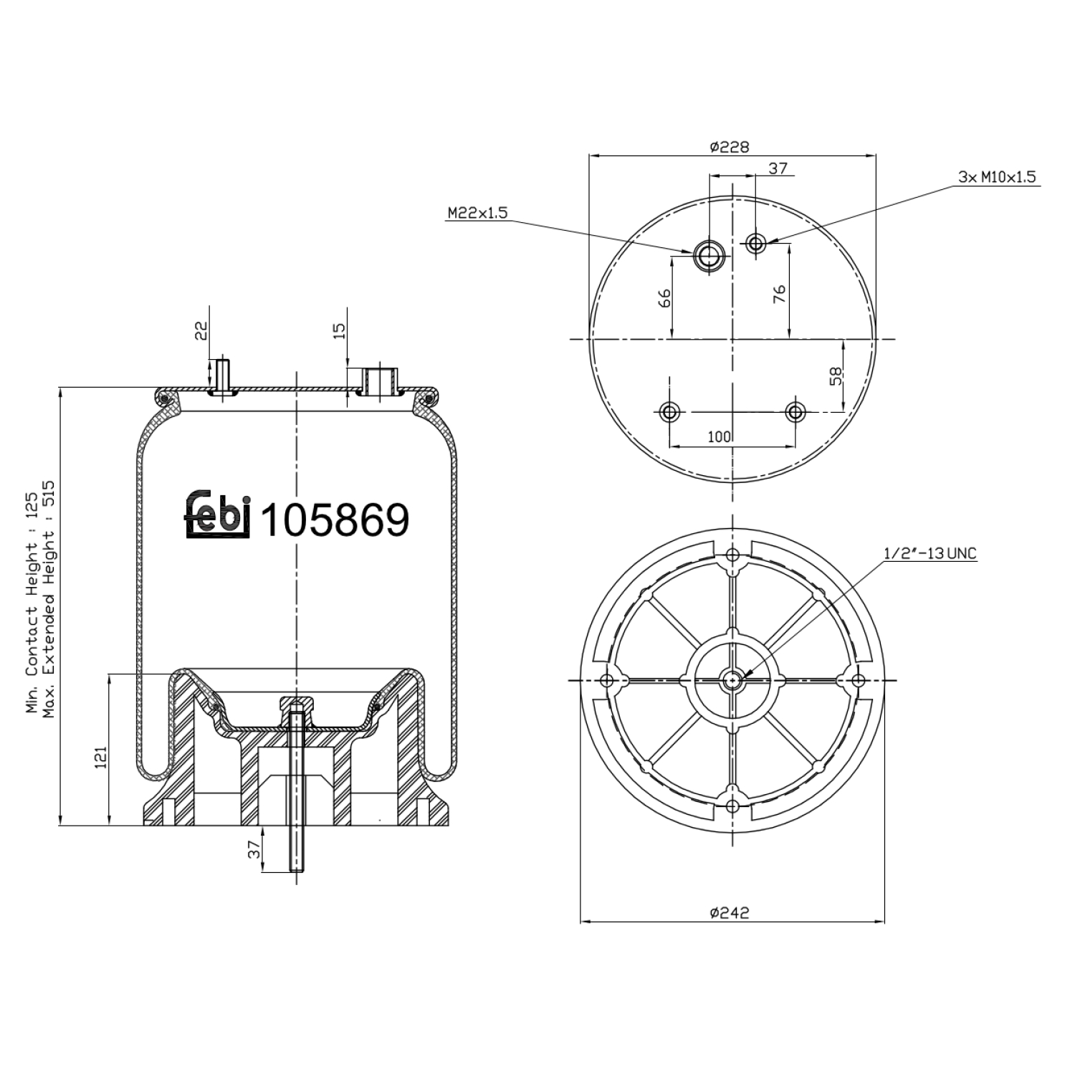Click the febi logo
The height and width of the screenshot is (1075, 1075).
point(217,515)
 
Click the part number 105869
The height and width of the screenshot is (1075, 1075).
point(334,520)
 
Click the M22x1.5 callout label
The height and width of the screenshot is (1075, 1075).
point(477,213)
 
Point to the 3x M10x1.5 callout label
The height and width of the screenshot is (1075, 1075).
point(997,176)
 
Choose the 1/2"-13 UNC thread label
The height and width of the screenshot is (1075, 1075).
point(930,553)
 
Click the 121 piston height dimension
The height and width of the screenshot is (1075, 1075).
point(101,758)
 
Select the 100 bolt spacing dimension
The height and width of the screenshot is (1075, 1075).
point(719,436)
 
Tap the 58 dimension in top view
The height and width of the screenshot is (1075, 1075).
point(836,376)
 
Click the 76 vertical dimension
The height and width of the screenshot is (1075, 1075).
point(780,294)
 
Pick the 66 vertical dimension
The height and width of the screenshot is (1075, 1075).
point(664,297)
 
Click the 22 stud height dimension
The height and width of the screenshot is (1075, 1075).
point(201,330)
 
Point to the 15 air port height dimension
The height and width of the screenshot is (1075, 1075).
point(340,330)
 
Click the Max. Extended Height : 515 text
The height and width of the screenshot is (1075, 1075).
point(49,598)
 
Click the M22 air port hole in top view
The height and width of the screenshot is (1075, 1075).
point(709,255)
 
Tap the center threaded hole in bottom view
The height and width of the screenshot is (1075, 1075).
point(732,680)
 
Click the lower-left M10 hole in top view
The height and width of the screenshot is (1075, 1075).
point(669,412)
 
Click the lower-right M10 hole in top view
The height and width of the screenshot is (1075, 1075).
point(795,412)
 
